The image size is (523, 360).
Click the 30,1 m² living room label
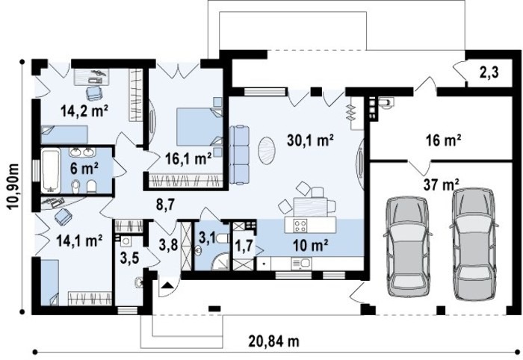[310, 140]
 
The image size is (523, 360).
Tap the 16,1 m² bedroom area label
[188, 158]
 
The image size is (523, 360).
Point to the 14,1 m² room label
[79, 240]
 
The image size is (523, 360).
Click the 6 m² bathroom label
[84, 169]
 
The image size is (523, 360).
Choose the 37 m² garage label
[442, 184]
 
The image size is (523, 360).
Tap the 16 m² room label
[443, 140]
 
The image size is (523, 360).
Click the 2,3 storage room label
[489, 72]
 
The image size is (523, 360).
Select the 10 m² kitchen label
[310, 246]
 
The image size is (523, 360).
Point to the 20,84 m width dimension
[273, 341]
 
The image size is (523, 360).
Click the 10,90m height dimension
[13, 187]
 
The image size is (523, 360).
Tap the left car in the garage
[408, 246]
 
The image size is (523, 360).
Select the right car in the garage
[474, 244]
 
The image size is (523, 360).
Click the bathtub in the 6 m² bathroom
[51, 171]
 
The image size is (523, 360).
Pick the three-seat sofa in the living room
[239, 155]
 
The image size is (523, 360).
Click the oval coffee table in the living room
[267, 151]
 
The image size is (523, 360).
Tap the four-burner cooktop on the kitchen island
[300, 225]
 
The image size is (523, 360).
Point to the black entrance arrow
[167, 285]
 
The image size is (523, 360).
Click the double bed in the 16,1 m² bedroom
[199, 127]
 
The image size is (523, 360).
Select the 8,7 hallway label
[165, 205]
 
